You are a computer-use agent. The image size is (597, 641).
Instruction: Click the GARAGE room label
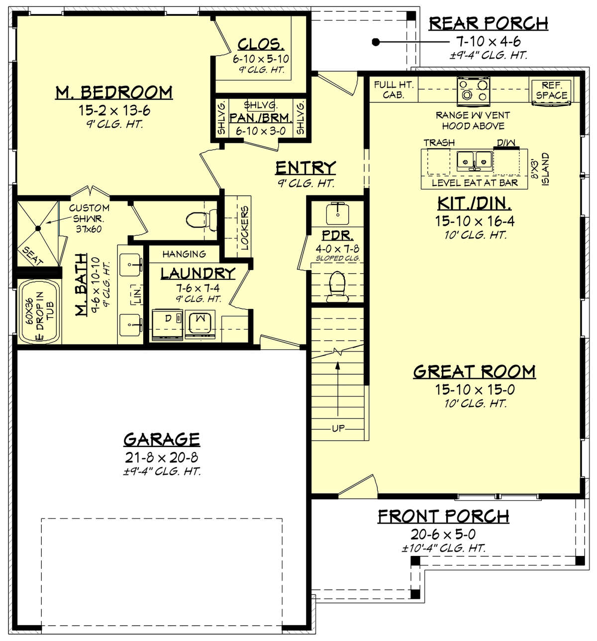162,439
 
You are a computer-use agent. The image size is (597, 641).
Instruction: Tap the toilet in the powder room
337,285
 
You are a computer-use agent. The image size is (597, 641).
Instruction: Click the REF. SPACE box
551,91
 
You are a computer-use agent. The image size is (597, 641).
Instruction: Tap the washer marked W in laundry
200,324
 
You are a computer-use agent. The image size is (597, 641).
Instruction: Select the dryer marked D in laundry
167,324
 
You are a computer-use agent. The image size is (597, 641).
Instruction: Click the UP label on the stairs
338,428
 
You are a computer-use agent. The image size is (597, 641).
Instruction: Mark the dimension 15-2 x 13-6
114,110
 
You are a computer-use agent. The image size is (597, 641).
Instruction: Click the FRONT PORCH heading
443,517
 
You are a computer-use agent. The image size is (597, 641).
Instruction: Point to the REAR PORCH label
488,23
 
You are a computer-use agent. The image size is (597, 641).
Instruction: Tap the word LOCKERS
244,227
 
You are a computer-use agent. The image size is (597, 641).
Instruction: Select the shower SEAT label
33,256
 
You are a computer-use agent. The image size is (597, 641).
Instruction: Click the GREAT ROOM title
474,371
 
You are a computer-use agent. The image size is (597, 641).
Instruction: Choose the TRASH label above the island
439,143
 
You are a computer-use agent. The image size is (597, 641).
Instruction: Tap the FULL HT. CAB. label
394,90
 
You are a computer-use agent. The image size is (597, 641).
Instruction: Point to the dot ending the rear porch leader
376,42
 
